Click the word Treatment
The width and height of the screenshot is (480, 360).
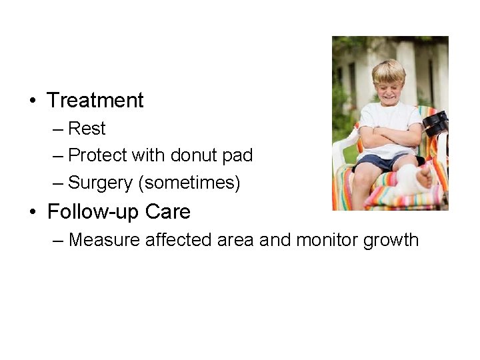click(95, 101)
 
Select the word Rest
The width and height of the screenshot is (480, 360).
click(87, 128)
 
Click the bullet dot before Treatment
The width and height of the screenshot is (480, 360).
click(32, 101)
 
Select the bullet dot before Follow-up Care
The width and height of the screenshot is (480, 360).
click(32, 213)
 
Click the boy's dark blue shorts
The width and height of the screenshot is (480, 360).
click(377, 162)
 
